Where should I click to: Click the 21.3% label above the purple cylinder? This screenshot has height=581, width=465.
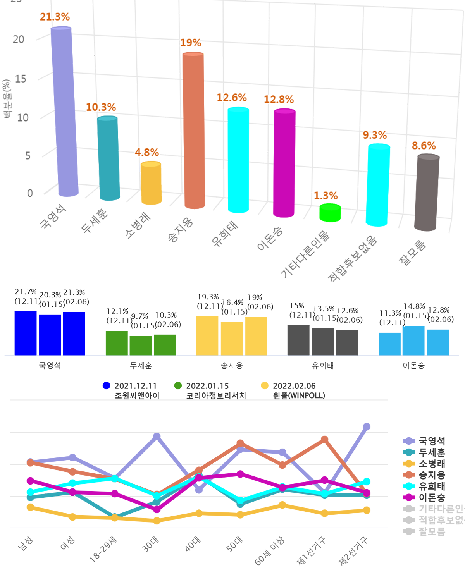(55, 17)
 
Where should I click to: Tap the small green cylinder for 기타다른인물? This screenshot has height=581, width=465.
(330, 213)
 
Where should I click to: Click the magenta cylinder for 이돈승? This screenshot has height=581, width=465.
(285, 163)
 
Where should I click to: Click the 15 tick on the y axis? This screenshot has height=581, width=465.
(21, 79)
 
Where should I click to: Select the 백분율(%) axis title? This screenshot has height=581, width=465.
(7, 98)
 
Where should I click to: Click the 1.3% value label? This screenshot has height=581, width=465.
(325, 196)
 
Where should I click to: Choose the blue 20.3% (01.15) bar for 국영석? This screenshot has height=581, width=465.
(50, 335)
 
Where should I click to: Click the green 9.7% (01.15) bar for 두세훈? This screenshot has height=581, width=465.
(141, 345)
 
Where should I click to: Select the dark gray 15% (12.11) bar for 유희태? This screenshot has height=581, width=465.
(298, 340)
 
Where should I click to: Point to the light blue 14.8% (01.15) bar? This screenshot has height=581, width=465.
(413, 340)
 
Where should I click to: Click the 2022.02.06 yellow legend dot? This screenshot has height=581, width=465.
(265, 386)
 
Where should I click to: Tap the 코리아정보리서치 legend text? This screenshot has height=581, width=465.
(216, 395)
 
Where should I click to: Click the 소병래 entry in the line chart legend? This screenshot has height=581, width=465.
(432, 464)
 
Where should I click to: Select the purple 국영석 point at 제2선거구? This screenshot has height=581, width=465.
(366, 427)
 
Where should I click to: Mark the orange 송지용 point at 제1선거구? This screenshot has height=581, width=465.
(325, 440)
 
